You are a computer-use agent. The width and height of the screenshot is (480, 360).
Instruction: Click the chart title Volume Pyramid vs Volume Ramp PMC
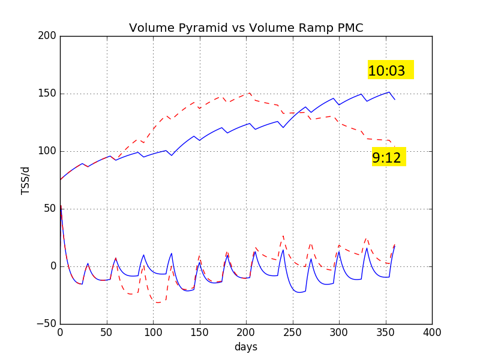tap(246, 28)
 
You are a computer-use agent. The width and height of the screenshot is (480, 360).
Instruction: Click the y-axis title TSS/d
tap(25, 180)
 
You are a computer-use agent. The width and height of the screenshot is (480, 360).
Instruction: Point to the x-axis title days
tap(246, 347)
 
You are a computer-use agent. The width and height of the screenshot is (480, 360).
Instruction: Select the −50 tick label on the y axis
tap(47, 324)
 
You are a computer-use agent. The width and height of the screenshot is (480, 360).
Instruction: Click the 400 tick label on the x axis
tap(432, 332)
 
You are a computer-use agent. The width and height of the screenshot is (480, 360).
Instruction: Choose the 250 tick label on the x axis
tap(292, 332)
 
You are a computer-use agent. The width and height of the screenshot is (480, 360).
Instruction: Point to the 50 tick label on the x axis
tap(107, 332)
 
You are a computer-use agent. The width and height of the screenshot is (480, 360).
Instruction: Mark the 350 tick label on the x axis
tap(385, 332)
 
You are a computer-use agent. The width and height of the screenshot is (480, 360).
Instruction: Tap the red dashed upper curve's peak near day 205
tap(250, 92)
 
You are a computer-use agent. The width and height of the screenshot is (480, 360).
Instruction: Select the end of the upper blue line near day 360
tap(395, 100)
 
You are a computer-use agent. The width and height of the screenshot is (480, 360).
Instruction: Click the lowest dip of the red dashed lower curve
tap(158, 303)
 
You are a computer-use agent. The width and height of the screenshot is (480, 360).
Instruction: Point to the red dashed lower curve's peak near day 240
tap(283, 236)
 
